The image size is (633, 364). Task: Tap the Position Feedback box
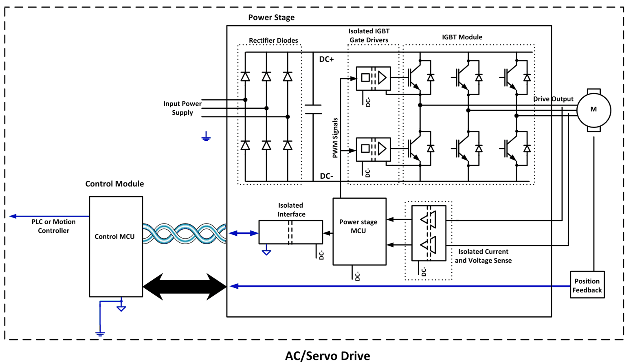click(x=587, y=285)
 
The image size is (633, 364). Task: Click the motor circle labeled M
click(x=593, y=110)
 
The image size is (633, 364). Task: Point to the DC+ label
click(x=326, y=59)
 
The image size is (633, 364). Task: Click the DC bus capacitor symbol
click(x=313, y=109)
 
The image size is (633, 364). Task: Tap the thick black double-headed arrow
click(x=185, y=287)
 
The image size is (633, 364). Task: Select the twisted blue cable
click(x=184, y=234)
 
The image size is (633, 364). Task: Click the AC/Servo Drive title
click(x=327, y=355)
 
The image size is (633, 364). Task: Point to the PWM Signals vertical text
click(x=335, y=138)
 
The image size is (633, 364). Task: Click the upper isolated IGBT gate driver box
click(x=373, y=78)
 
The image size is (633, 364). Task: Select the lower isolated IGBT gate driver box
click(x=373, y=149)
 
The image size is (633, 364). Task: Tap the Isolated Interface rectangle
click(x=290, y=232)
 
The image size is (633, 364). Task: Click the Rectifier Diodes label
click(x=273, y=40)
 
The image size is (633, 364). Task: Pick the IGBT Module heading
click(x=462, y=37)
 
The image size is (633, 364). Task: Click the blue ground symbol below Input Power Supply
click(x=206, y=137)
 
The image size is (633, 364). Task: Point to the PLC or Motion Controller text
click(x=53, y=226)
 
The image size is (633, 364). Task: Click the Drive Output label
click(x=553, y=99)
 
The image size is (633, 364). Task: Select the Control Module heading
click(x=114, y=184)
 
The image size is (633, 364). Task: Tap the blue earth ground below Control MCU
click(x=100, y=333)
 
